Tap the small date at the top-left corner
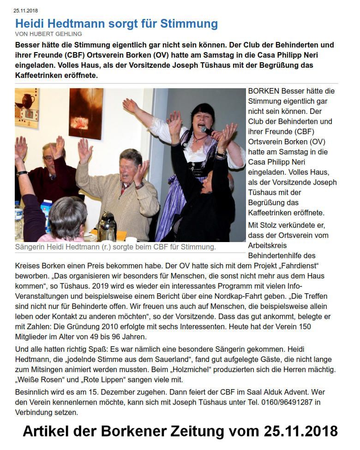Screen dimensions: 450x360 [26, 10]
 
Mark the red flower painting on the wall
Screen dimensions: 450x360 [86, 113]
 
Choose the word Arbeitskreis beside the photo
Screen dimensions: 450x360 [269, 245]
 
